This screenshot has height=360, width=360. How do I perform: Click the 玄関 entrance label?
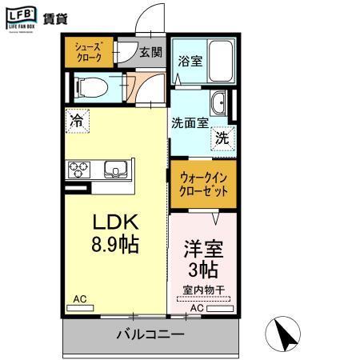coord(150,53)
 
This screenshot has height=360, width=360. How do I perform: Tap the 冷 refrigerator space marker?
coord(77,121)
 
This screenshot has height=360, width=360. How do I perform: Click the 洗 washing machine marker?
coord(223,137)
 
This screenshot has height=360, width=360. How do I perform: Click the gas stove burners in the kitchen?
coord(80,169)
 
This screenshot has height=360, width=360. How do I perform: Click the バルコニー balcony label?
coord(150,332)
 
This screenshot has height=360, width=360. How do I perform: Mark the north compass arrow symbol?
coord(284,334)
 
